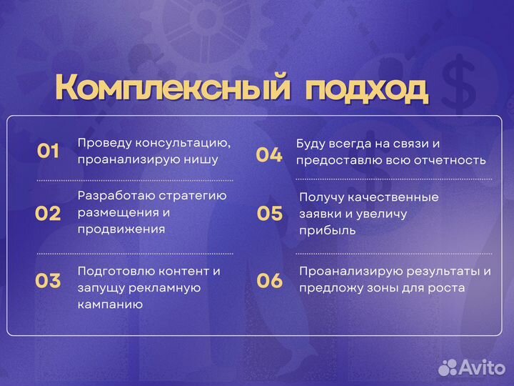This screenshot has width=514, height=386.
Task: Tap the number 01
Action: coord(48,151)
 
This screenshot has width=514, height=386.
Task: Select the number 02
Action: coord(48,213)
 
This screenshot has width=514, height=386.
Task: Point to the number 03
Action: coord(48,281)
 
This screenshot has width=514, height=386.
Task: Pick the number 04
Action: coord(269,154)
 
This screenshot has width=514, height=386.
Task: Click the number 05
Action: coord(270,213)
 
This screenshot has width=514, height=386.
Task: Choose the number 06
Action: coord(270,281)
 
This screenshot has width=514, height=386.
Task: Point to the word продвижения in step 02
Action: coord(121,229)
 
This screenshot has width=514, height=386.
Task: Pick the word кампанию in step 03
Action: coord(110,305)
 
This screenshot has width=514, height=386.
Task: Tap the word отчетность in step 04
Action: coord(450,160)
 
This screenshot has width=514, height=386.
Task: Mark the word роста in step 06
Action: coord(447,288)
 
